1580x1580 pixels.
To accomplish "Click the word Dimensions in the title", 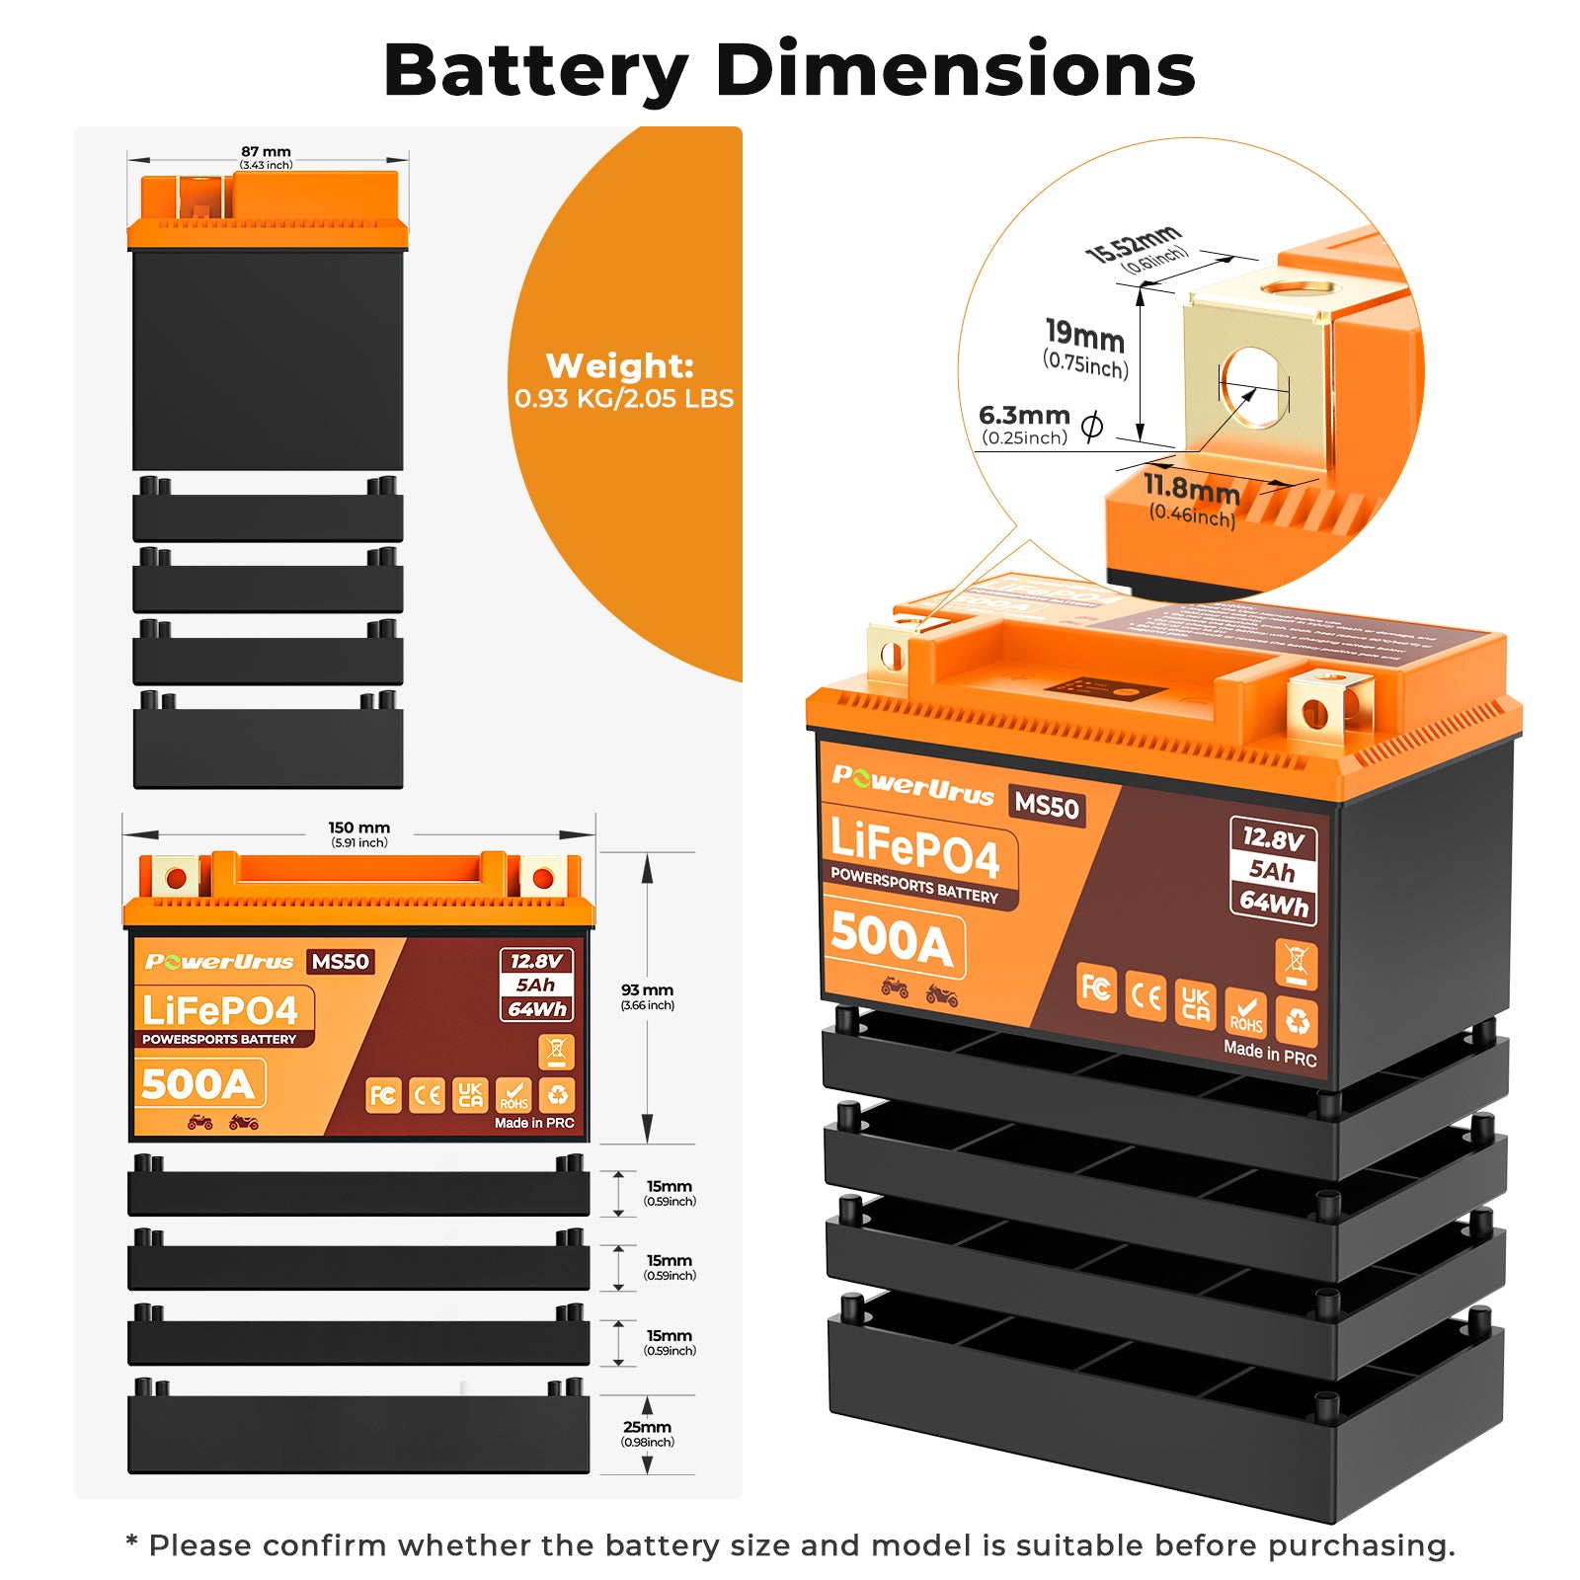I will tap(955, 71).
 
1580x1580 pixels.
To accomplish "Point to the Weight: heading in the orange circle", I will tap(620, 366).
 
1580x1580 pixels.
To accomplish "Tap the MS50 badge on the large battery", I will tap(1047, 806).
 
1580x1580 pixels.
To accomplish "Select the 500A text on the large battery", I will tap(892, 939).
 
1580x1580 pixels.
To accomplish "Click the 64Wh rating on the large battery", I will tap(1274, 903).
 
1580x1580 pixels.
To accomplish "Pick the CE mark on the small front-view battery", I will tap(427, 1095).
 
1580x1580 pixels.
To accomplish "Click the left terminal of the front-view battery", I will tap(176, 877).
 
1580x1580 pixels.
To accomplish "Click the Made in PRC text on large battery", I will tap(1270, 1054).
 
